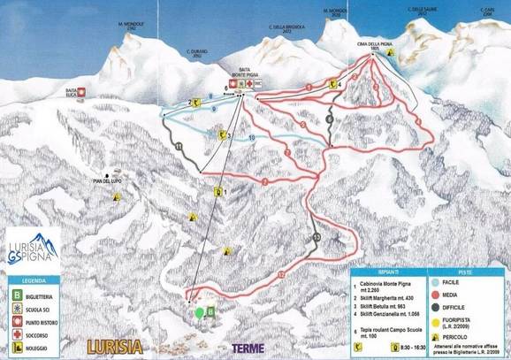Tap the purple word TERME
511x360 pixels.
click(x=247, y=349)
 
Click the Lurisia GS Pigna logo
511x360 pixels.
click(x=32, y=251)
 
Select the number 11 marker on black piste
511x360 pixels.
click(x=179, y=145)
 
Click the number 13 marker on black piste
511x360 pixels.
click(x=316, y=239)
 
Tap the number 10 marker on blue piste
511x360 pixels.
click(x=252, y=138)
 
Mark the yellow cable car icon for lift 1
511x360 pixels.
click(x=217, y=190)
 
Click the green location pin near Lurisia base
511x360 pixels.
click(x=200, y=311)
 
